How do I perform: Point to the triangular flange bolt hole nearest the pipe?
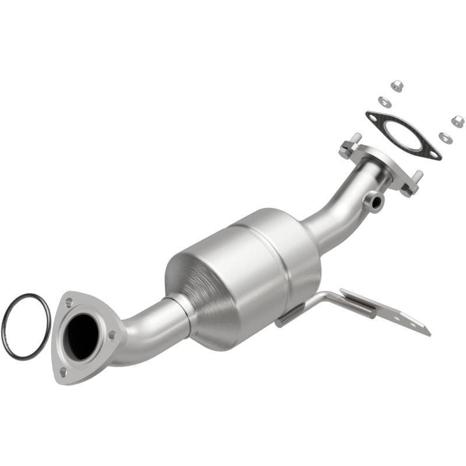tap(112, 335)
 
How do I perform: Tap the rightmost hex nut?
tap(457, 121)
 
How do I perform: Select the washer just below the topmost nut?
tap(384, 101)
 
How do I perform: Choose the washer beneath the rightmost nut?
tap(446, 137)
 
